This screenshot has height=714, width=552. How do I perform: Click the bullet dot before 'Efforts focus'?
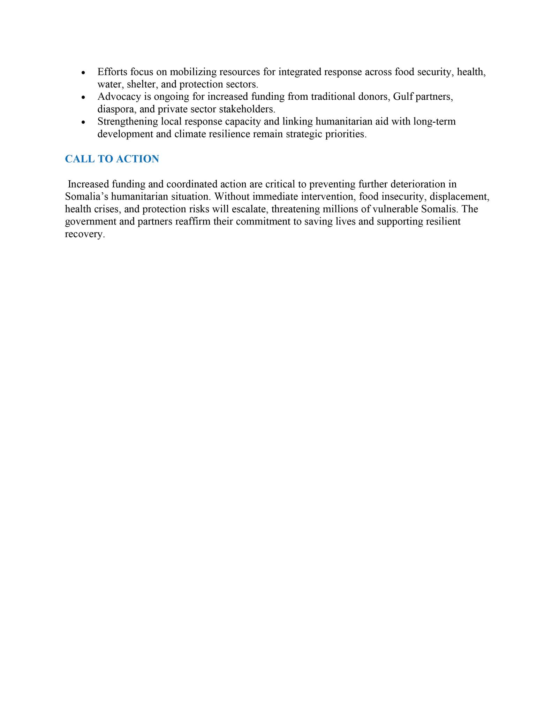tap(83, 73)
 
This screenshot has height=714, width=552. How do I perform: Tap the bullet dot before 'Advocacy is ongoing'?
tap(83, 98)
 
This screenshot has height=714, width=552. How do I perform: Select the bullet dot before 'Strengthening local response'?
tap(83, 122)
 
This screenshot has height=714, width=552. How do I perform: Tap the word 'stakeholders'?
tap(247, 109)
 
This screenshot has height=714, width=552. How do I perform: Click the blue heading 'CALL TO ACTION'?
tap(112, 159)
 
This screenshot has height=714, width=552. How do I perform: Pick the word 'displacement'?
tap(460, 196)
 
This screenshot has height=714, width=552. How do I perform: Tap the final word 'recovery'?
tap(85, 234)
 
